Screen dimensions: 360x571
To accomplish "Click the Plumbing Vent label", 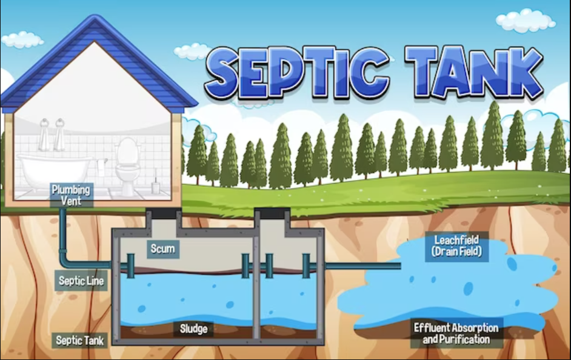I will click(x=71, y=195).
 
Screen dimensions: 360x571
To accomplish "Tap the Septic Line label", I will click(x=81, y=281).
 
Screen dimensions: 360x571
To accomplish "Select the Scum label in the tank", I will click(x=162, y=248).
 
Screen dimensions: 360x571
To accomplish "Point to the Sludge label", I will click(x=193, y=329).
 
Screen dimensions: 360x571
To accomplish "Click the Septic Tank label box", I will click(x=80, y=340).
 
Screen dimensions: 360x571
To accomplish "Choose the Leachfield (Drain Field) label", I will click(x=456, y=246).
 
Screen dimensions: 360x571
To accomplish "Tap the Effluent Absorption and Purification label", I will click(x=456, y=333).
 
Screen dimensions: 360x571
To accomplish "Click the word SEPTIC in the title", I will click(x=297, y=74).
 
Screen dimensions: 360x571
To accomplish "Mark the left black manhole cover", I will click(x=163, y=215).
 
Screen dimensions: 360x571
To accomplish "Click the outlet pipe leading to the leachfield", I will click(x=364, y=265).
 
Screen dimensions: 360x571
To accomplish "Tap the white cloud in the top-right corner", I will click(x=525, y=19).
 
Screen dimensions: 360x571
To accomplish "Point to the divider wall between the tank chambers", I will click(x=257, y=285).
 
